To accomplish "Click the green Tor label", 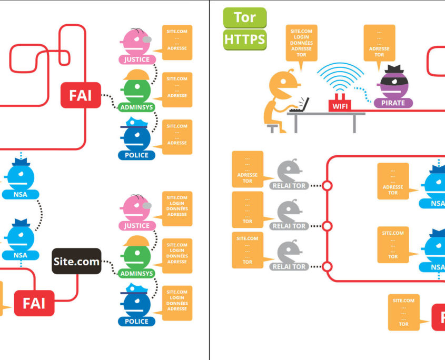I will pyautogui.click(x=245, y=17).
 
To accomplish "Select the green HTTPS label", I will pyautogui.click(x=245, y=39).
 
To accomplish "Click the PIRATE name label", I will pyautogui.click(x=393, y=103).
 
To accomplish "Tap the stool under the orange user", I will pyautogui.click(x=273, y=127).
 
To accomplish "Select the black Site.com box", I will pyautogui.click(x=76, y=261).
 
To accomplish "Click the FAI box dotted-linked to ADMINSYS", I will pyautogui.click(x=81, y=95).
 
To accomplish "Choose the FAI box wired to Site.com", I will pyautogui.click(x=34, y=303).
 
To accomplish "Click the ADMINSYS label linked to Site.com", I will pyautogui.click(x=136, y=274).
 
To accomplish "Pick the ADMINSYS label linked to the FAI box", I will pyautogui.click(x=136, y=108).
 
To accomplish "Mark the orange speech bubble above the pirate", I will pyautogui.click(x=380, y=45).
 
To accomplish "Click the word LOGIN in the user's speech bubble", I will pyautogui.click(x=301, y=37).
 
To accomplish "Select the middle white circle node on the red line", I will pyautogui.click(x=328, y=226).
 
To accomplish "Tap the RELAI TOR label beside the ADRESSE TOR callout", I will pyautogui.click(x=289, y=186).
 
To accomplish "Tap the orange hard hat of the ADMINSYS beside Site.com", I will pyautogui.click(x=137, y=240).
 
